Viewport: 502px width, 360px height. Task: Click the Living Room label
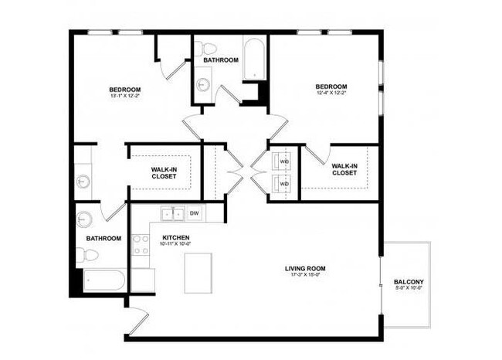pos(305,267)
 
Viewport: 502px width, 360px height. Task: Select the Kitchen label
pos(176,237)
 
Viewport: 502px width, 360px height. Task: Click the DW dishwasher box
pos(195,213)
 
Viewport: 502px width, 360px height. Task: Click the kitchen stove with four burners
pos(141,245)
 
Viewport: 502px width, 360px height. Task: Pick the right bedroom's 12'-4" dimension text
pos(331,93)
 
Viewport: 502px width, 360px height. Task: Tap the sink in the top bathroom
pos(204,84)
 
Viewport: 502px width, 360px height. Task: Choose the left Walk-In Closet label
pos(164,172)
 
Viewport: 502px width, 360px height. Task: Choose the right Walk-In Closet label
pos(344,169)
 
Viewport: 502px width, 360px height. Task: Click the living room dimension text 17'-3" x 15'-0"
pos(305,274)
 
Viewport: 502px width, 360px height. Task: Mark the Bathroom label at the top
pos(221,59)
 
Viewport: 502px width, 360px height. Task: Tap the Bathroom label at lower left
pos(103,239)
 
